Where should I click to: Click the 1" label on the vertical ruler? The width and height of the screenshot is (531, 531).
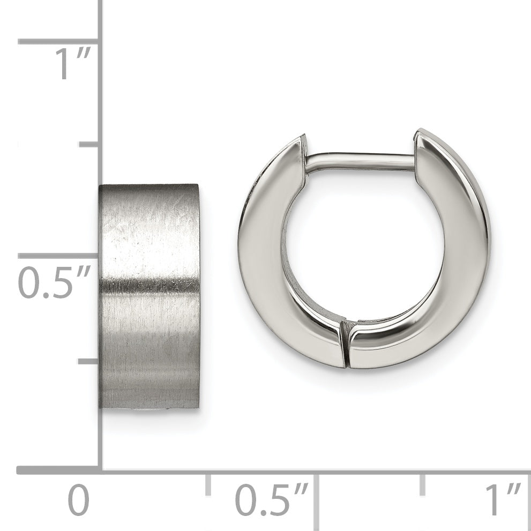click(73, 63)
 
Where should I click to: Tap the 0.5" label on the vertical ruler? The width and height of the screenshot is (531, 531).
click(54, 282)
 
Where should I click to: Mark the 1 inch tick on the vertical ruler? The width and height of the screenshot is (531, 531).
click(58, 41)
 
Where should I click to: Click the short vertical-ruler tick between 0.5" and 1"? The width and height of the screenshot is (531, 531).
click(89, 144)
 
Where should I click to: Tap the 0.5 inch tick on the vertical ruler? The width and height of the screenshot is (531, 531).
click(58, 256)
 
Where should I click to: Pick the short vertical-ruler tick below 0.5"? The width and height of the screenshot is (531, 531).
click(88, 362)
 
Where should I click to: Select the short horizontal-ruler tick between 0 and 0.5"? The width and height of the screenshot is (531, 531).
click(208, 484)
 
